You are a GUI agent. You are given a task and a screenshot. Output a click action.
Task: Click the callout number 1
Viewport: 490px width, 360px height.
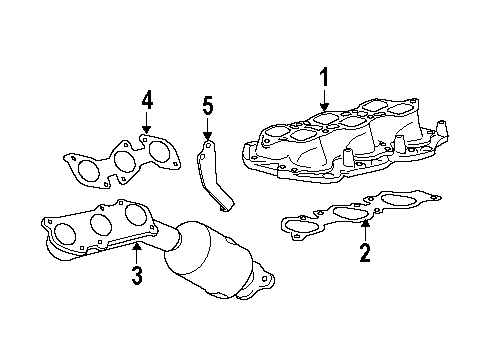(x=323, y=77)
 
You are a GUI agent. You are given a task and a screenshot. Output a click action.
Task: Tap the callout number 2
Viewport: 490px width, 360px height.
(x=365, y=253)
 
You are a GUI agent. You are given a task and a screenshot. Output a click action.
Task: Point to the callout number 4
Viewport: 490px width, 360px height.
(x=147, y=100)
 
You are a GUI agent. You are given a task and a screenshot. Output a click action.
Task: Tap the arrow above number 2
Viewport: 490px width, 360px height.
(x=365, y=229)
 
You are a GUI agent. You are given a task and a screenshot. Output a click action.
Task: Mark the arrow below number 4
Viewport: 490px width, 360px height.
(x=147, y=125)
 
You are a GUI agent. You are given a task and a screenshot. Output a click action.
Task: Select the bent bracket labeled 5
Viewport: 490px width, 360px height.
(x=214, y=180)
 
